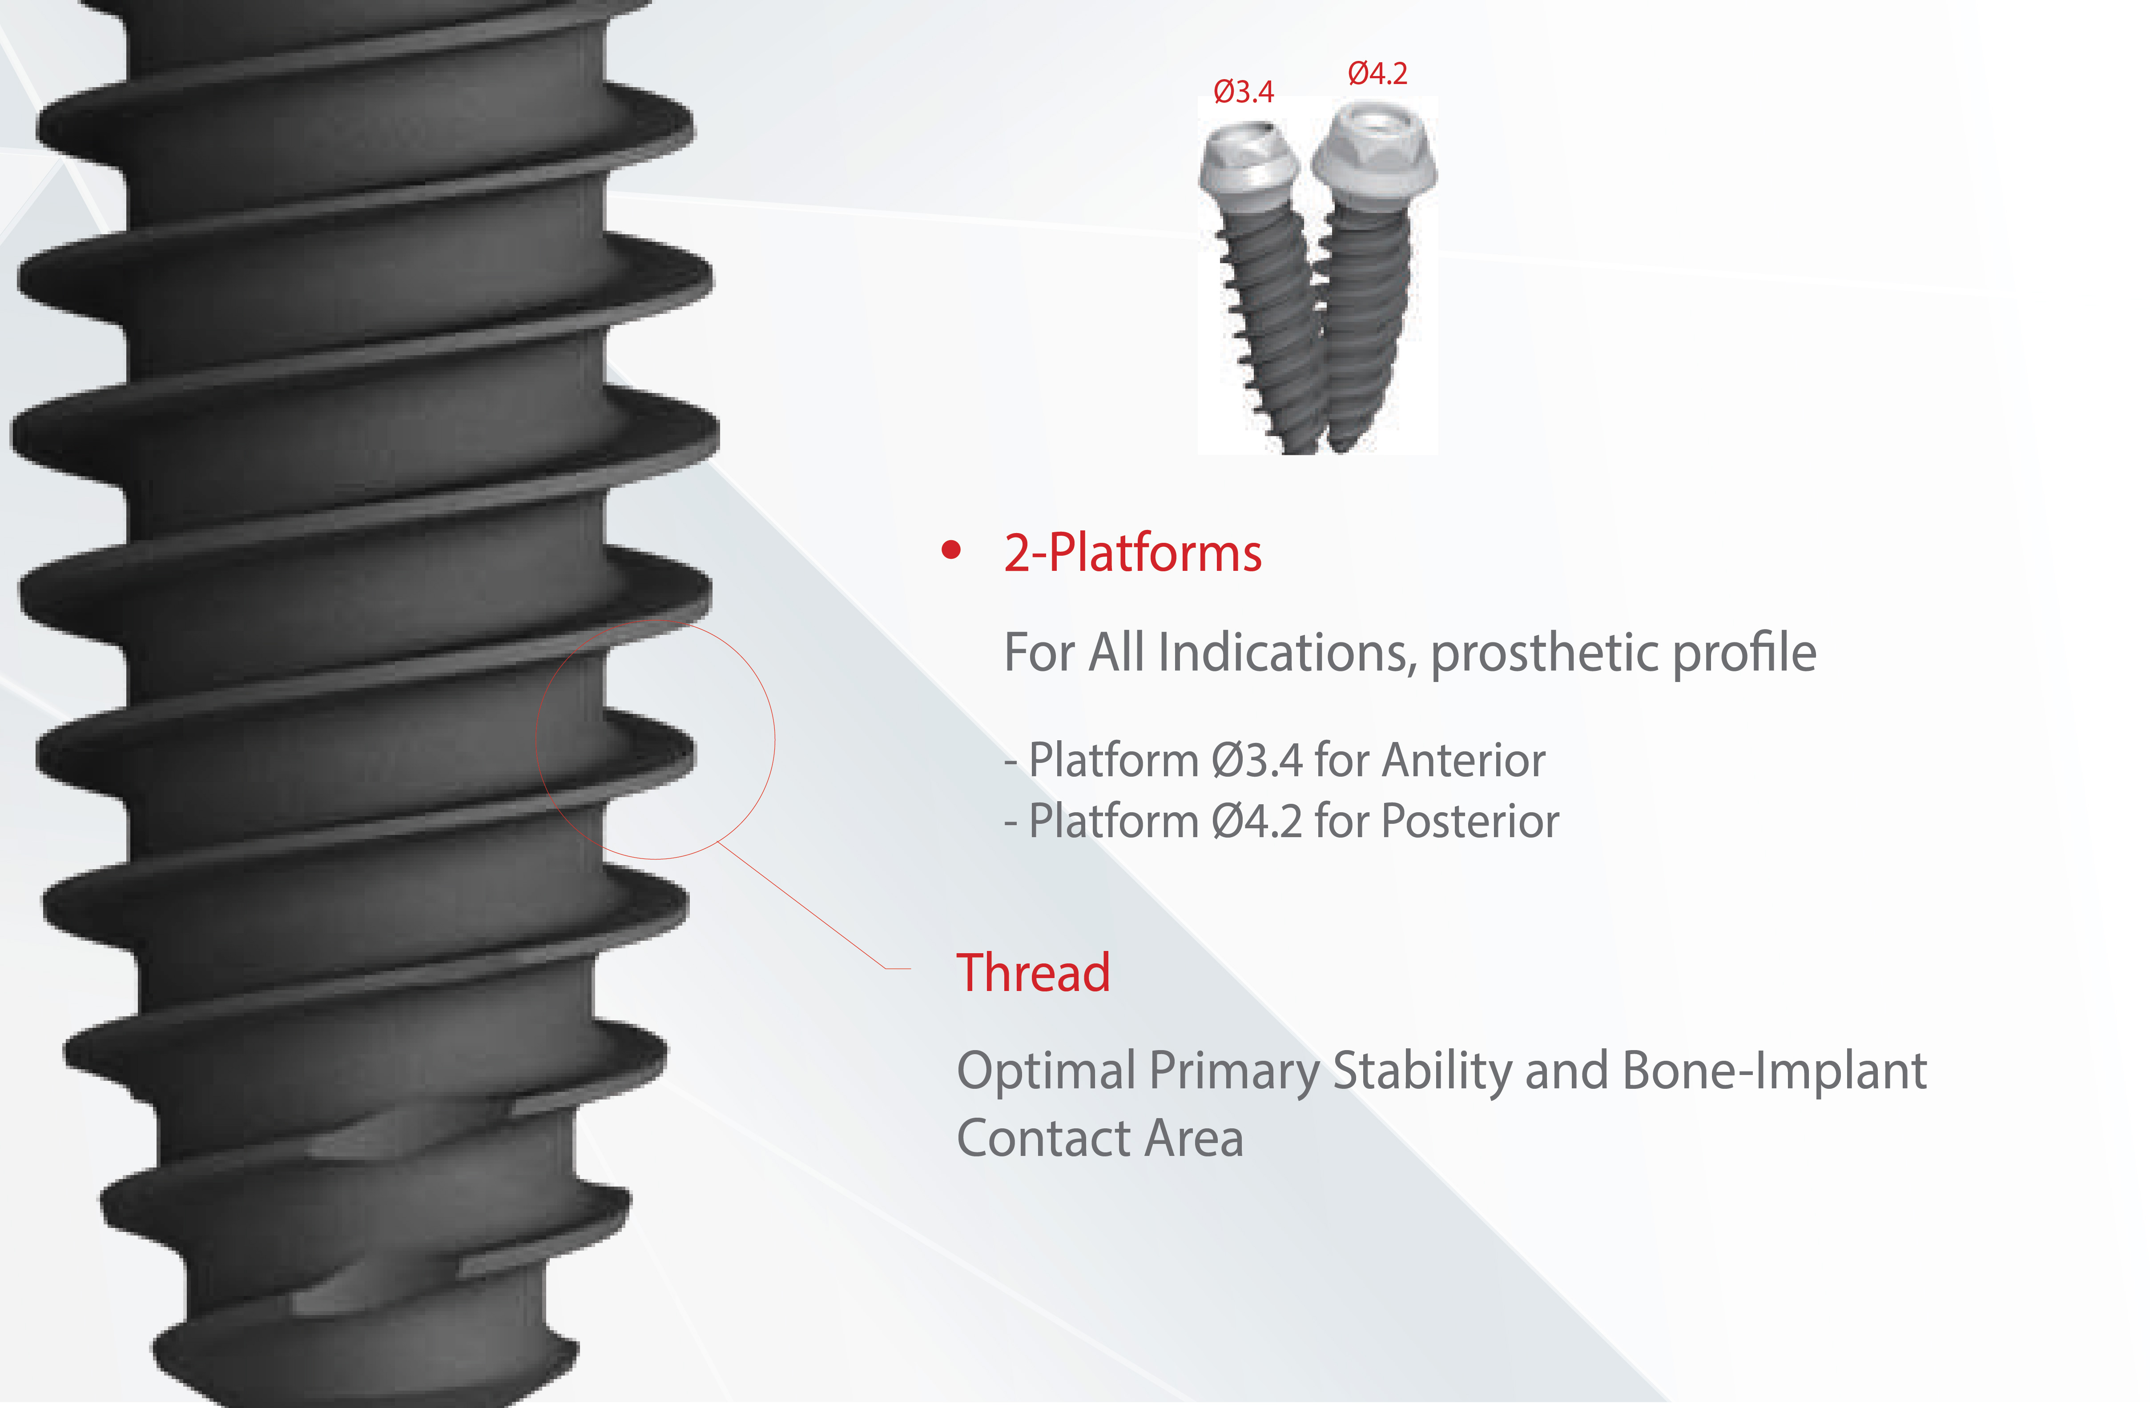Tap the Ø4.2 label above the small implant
pos(1377,73)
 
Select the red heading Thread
pos(1033,973)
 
